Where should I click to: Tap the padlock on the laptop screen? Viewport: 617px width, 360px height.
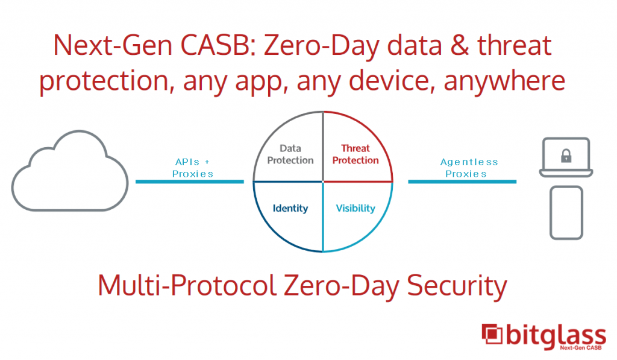click(566, 156)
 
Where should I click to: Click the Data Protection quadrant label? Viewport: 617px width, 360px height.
click(290, 154)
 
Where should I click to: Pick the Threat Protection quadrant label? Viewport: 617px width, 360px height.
click(355, 154)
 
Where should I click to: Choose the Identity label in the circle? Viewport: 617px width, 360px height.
click(290, 208)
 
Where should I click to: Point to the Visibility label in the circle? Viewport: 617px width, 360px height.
click(355, 208)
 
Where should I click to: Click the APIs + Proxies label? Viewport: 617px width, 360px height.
click(192, 168)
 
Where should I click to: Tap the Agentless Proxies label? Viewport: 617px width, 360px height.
click(469, 168)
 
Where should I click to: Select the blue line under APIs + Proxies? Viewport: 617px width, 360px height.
click(190, 182)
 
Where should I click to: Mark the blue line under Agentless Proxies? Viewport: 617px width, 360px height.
click(462, 182)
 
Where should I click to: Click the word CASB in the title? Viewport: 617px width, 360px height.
click(216, 45)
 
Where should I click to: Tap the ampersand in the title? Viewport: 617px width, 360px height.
click(460, 45)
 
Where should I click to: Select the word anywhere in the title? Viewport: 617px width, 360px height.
click(504, 81)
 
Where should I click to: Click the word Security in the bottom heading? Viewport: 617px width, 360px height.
click(457, 286)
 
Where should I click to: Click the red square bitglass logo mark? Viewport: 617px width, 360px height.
click(492, 334)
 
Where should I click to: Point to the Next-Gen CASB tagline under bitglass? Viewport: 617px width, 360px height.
click(580, 347)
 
